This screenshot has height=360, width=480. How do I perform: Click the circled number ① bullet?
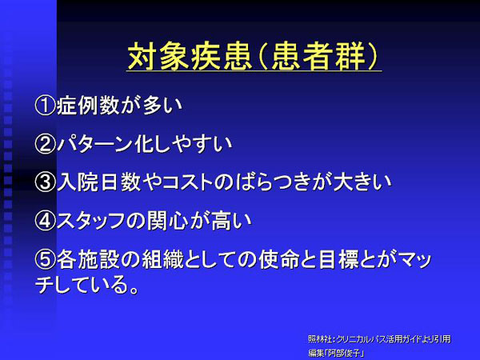click(x=46, y=106)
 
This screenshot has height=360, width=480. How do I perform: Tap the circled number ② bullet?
click(x=46, y=144)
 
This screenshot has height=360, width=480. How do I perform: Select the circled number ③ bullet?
click(x=46, y=182)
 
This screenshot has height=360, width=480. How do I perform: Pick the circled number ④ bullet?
click(x=46, y=221)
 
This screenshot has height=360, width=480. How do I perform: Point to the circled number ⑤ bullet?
click(x=46, y=259)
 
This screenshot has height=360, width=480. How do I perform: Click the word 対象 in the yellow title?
click(x=158, y=56)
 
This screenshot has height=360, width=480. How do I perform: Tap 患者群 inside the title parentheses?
click(x=318, y=56)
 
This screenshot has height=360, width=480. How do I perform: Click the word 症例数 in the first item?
click(x=88, y=106)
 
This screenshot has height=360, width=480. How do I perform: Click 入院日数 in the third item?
click(x=99, y=182)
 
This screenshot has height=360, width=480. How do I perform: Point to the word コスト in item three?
click(x=187, y=182)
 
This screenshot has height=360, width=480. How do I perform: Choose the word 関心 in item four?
click(x=167, y=221)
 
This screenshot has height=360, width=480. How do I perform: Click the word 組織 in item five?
click(x=163, y=259)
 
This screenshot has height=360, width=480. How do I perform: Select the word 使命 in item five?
click(x=278, y=259)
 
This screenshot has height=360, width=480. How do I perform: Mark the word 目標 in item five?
click(x=338, y=259)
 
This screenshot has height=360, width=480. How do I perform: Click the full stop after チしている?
click(x=134, y=290)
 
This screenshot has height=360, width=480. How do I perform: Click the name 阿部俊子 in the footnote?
click(x=344, y=354)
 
